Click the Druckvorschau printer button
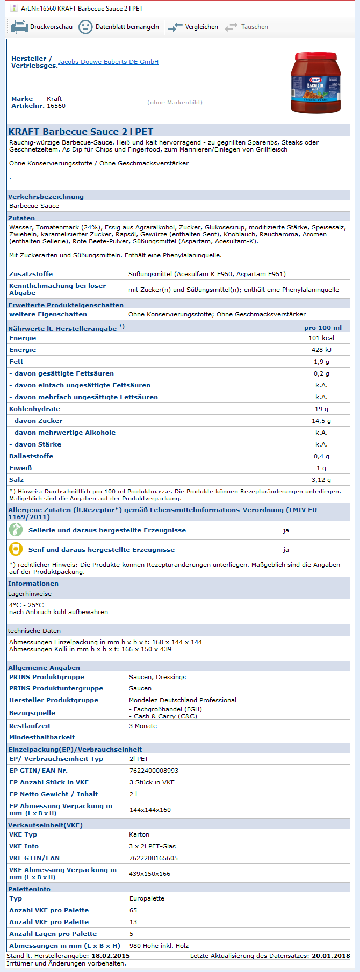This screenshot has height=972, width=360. point(42,27)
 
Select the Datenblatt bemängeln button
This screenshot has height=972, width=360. point(119,27)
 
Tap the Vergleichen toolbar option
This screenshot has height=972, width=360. point(193,27)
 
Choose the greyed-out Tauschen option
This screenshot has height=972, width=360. point(247,27)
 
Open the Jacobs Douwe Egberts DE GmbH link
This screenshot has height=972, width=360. point(108,62)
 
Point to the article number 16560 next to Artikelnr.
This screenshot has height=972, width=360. point(56,106)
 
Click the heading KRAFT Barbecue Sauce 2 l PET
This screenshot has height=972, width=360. point(81,132)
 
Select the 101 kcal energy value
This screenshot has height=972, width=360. point(321,338)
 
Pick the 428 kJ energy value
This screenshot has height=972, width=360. point(321,350)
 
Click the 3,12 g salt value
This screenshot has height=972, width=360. point(321,480)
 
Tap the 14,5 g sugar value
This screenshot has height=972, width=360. point(321,421)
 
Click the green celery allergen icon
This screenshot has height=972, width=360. point(16,530)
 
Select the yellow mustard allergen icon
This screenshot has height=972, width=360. point(16,549)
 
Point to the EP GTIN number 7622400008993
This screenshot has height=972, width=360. point(154,771)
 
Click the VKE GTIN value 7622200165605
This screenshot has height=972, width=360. point(153,858)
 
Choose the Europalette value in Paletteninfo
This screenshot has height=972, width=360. point(147,898)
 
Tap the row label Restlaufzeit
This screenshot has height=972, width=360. point(30,726)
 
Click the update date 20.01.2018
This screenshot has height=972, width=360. point(331,956)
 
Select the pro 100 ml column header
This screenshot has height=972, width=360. point(323,328)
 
